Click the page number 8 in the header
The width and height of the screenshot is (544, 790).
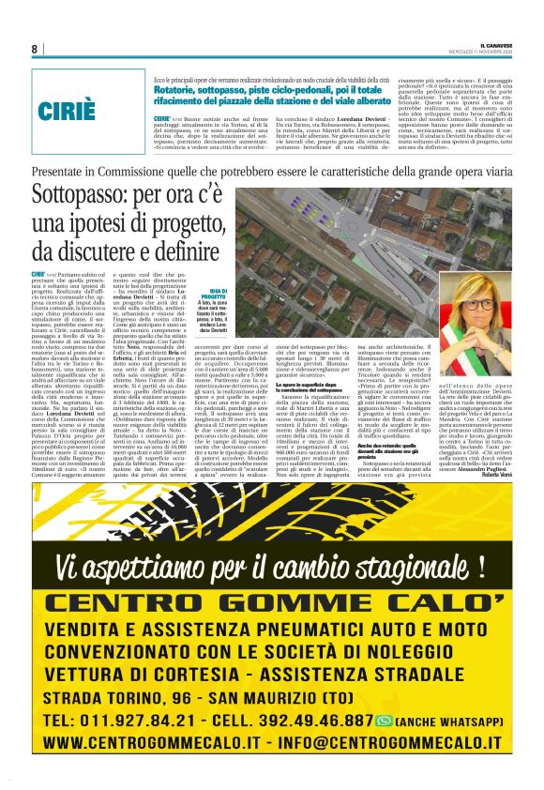tap(34, 49)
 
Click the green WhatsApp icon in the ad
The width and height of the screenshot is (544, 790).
tap(383, 721)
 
